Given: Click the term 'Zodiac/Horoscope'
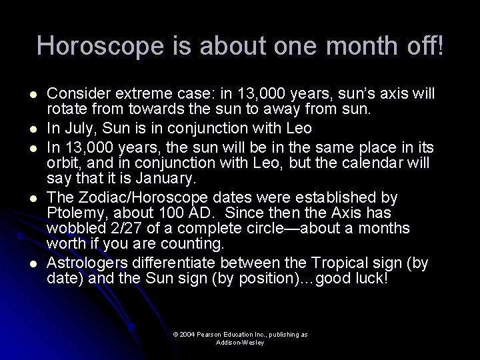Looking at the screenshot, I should [134, 198].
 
